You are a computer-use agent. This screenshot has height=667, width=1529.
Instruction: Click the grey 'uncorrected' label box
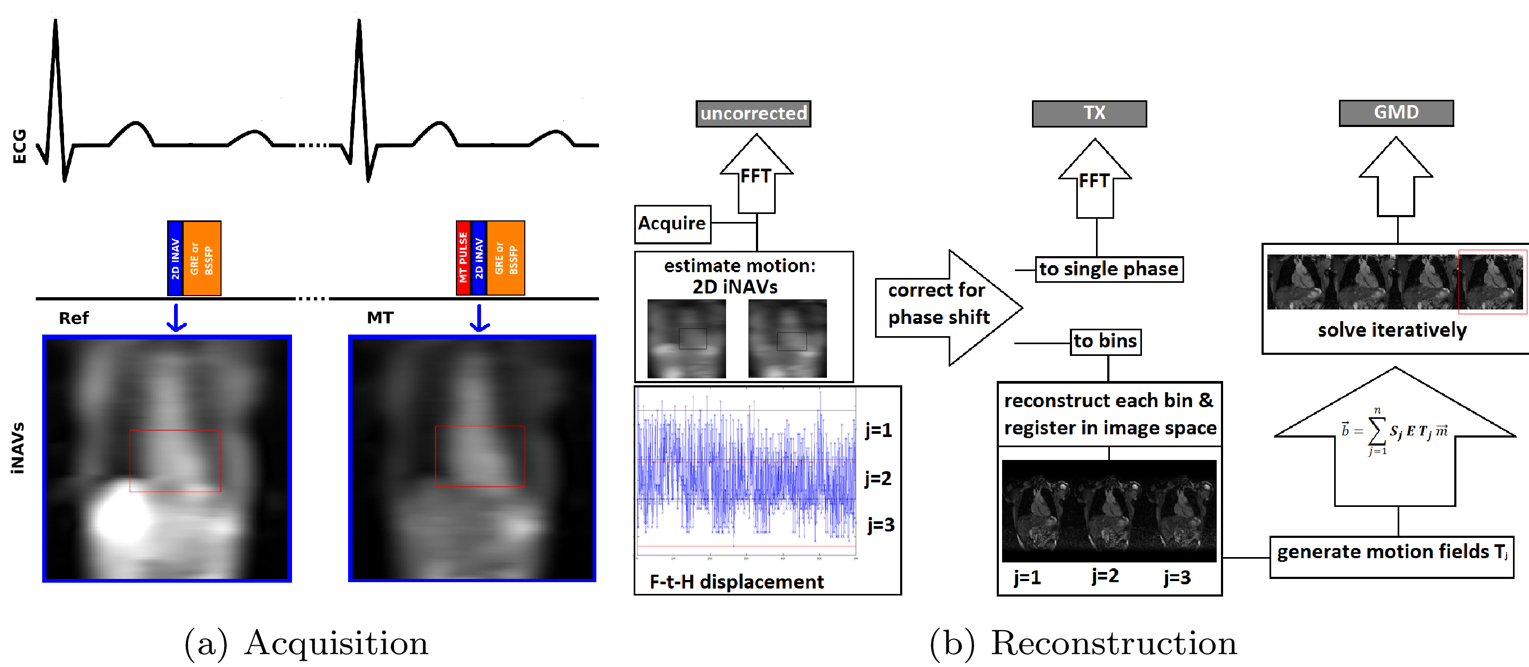(x=753, y=113)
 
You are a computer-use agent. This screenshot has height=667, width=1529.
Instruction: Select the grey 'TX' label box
(x=1089, y=113)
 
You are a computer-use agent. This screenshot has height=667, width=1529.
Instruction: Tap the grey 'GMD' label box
(x=1396, y=113)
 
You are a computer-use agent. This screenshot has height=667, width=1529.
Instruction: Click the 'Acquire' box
(x=672, y=224)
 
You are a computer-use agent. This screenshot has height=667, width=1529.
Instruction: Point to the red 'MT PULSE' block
(x=463, y=258)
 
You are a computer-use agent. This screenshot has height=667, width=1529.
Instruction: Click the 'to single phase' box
(x=1109, y=269)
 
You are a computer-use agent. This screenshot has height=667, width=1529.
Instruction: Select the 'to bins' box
(x=1105, y=342)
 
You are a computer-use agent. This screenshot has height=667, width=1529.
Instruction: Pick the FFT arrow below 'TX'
(x=1094, y=181)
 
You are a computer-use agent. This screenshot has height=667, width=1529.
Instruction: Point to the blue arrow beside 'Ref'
(x=176, y=319)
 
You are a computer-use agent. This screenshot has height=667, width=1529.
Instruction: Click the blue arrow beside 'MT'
(x=479, y=319)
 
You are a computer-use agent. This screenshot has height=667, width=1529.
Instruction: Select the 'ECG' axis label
(x=20, y=146)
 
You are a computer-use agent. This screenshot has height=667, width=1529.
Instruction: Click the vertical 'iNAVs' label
(x=18, y=449)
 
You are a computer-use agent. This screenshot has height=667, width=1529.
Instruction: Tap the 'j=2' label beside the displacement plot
(x=878, y=478)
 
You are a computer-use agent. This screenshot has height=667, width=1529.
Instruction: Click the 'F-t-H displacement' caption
(x=737, y=582)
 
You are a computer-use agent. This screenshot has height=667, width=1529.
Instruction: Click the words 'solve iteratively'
(x=1392, y=330)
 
